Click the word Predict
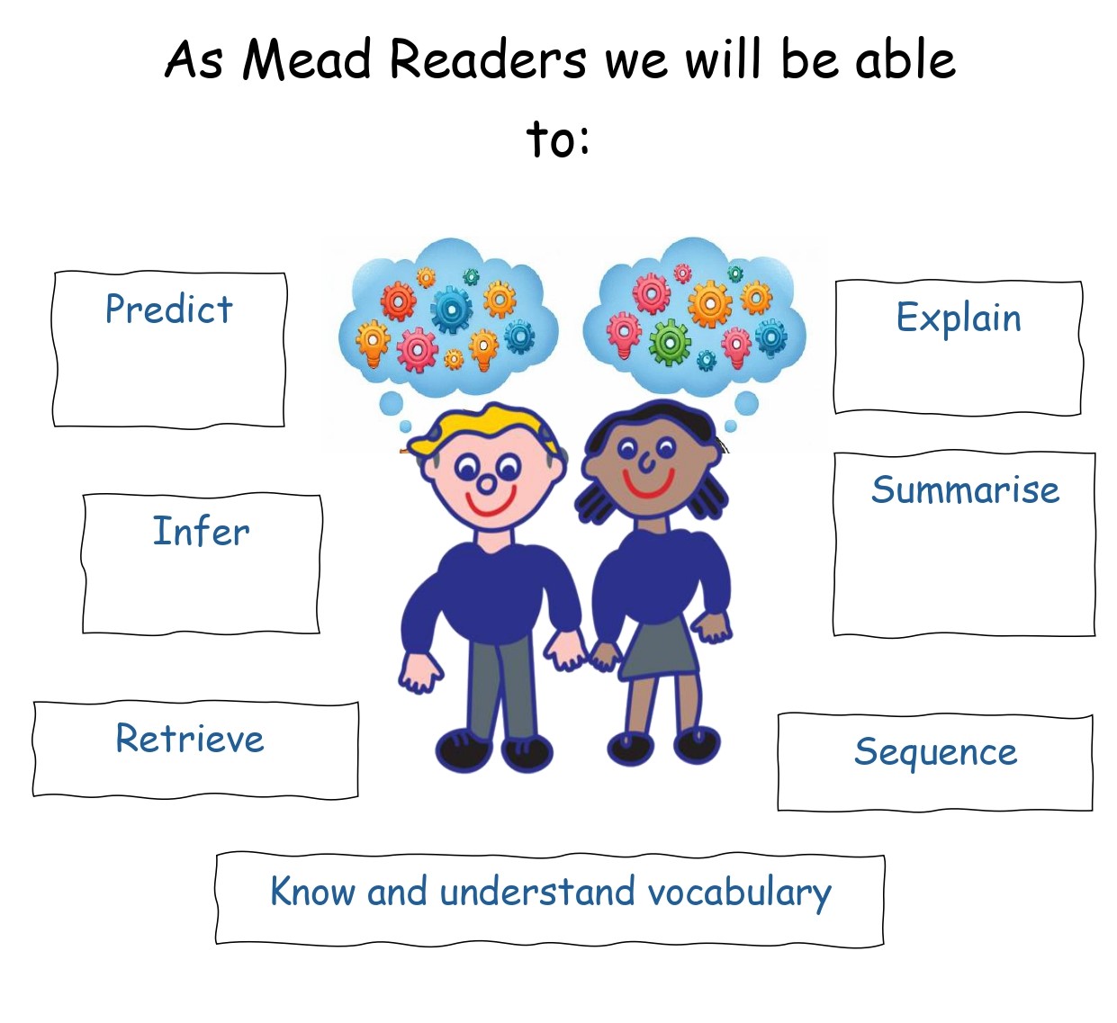pyautogui.click(x=168, y=309)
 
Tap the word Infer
pyautogui.click(x=201, y=531)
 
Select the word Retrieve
pyautogui.click(x=190, y=739)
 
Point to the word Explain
pyautogui.click(x=959, y=319)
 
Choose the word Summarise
pyautogui.click(x=965, y=489)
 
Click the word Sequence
pyautogui.click(x=935, y=753)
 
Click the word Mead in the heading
pyautogui.click(x=306, y=58)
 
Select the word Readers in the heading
pyautogui.click(x=488, y=58)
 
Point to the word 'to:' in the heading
pyautogui.click(x=557, y=138)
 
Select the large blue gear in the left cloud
pyautogui.click(x=452, y=310)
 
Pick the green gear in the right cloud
pyautogui.click(x=670, y=342)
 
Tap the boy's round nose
pyautogui.click(x=488, y=484)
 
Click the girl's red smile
pyautogui.click(x=647, y=483)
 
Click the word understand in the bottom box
pyautogui.click(x=537, y=893)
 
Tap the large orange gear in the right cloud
pyautogui.click(x=710, y=304)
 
